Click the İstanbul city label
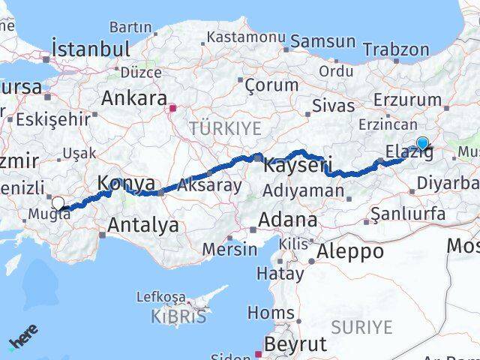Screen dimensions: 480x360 91,49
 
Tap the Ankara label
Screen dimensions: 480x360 133,98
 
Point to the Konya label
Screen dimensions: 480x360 127,182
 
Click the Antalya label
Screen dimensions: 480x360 143,224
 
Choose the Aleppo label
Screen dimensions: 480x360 350,250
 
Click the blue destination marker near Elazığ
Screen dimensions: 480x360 422,143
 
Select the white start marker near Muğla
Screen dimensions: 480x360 58,202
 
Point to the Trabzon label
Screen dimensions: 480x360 396,50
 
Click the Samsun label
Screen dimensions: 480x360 323,42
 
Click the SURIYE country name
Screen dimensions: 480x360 361,327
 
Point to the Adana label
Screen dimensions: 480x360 287,220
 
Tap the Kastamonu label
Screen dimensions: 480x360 246,37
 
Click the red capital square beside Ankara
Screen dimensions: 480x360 172,108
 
